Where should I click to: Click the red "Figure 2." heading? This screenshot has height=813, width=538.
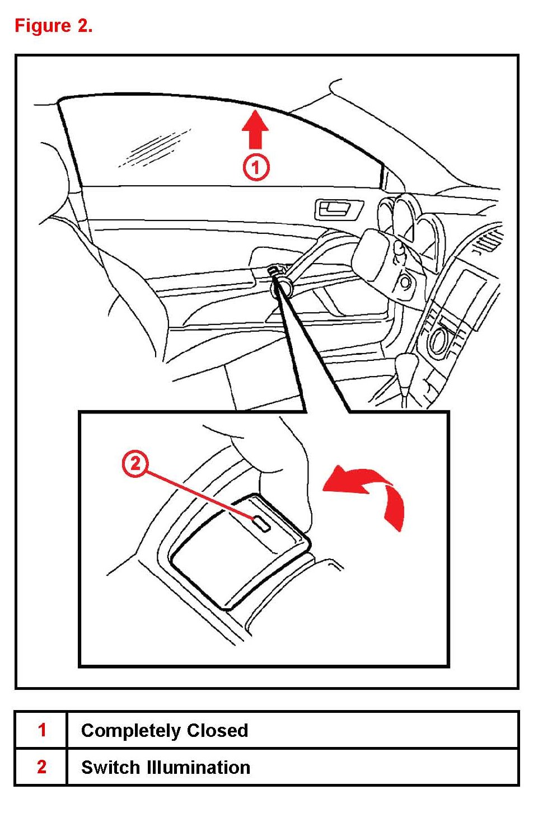point(53,26)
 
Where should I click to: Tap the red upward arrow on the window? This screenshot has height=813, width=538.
point(256,129)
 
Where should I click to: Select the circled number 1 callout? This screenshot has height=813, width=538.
point(256,168)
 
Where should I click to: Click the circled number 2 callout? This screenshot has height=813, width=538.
point(135,464)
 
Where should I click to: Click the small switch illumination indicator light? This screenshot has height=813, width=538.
point(261,524)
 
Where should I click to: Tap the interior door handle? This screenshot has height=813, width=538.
point(338,210)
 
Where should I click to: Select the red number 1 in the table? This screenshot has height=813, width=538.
point(42,731)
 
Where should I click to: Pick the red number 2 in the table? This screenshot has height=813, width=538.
point(42,768)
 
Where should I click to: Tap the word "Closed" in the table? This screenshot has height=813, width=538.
point(217,730)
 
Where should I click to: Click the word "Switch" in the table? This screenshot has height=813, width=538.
point(111,768)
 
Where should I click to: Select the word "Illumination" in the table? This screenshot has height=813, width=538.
point(199,768)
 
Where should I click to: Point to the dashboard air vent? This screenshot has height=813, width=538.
point(489,240)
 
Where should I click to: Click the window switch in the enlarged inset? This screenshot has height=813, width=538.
point(240,552)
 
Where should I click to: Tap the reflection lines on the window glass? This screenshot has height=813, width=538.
point(155,149)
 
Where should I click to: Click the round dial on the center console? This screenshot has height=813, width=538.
point(438,340)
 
